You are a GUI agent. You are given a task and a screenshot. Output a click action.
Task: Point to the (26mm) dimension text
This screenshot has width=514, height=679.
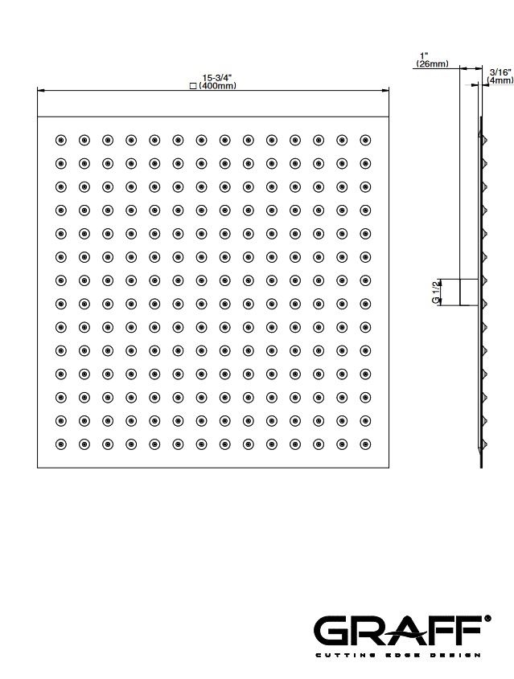click(432, 64)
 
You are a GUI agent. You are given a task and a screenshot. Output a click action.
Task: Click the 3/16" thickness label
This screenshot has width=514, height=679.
click(500, 72)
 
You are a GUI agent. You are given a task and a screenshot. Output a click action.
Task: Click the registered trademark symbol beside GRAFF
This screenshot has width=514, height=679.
click(487, 619)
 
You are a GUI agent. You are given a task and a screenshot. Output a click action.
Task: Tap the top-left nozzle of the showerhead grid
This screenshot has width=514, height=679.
click(60, 140)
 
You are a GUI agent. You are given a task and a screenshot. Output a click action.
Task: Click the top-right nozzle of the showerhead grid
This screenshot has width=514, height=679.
click(365, 140)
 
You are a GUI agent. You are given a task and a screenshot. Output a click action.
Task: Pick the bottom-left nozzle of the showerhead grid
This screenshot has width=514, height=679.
click(60, 443)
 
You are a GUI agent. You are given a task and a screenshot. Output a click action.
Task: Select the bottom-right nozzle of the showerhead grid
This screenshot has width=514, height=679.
click(365, 443)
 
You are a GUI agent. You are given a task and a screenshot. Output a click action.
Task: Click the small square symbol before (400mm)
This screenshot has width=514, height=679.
click(191, 85)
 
